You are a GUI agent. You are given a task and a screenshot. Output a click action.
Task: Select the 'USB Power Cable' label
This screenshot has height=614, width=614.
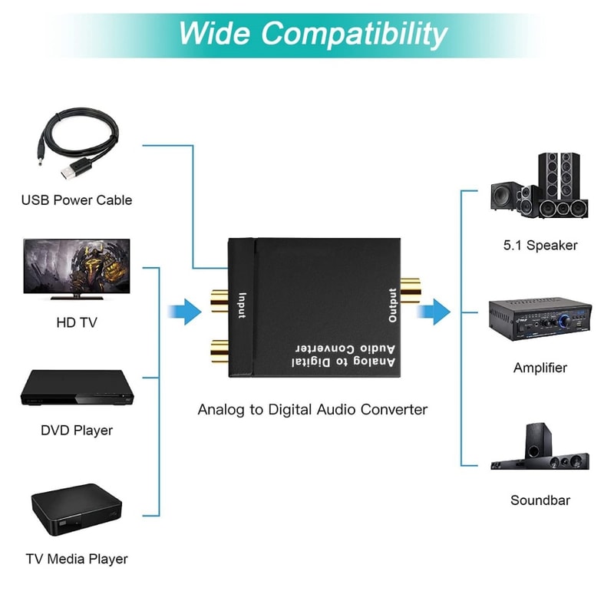[x=77, y=200]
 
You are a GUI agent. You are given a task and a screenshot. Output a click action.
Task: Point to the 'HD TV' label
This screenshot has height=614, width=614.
[x=77, y=323]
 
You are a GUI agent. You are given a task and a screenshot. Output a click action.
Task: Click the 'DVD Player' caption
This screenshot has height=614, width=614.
[x=77, y=431]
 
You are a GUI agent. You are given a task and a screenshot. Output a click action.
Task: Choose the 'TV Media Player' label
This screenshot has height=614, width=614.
[x=77, y=559]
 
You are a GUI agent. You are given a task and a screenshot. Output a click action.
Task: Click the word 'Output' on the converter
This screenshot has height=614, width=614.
[x=392, y=305]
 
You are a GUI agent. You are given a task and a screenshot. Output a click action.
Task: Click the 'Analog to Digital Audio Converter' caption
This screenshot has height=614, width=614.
[x=312, y=409]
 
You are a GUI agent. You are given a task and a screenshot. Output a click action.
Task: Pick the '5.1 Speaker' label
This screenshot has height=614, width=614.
[x=540, y=246]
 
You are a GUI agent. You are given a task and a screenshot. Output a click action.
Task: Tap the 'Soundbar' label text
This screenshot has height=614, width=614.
[x=540, y=500]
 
